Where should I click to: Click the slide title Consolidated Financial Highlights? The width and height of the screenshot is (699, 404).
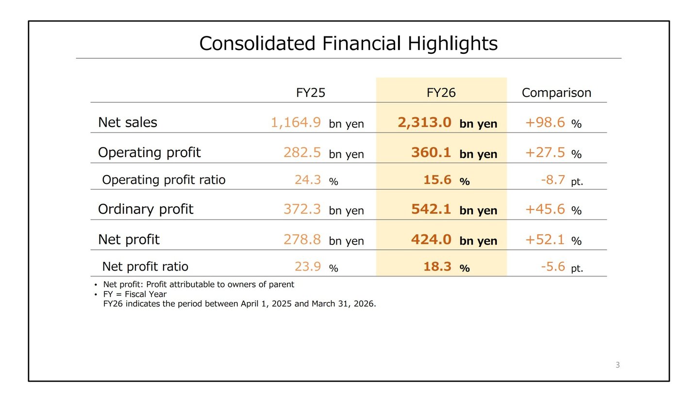pyautogui.click(x=348, y=43)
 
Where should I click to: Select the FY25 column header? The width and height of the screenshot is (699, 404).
pyautogui.click(x=311, y=93)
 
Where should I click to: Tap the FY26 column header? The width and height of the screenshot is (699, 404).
pyautogui.click(x=441, y=93)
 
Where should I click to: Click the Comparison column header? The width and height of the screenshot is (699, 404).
pyautogui.click(x=556, y=93)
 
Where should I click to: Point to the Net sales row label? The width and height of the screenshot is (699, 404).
pyautogui.click(x=128, y=122)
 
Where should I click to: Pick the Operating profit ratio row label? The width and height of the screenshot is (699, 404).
pyautogui.click(x=164, y=180)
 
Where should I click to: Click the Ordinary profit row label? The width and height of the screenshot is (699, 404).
pyautogui.click(x=146, y=209)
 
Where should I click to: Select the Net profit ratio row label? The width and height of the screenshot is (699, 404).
pyautogui.click(x=145, y=267)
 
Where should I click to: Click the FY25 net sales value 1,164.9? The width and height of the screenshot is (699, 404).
pyautogui.click(x=296, y=122)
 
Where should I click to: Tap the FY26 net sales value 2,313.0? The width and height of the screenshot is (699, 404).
pyautogui.click(x=424, y=122)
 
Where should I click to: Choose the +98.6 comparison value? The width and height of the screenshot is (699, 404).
pyautogui.click(x=545, y=122)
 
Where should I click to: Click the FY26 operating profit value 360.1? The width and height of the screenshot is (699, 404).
pyautogui.click(x=431, y=152)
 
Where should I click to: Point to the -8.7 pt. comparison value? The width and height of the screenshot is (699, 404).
pyautogui.click(x=562, y=180)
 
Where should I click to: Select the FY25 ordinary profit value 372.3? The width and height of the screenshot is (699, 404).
pyautogui.click(x=302, y=209)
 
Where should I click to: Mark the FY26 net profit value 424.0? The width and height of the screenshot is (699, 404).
pyautogui.click(x=431, y=240)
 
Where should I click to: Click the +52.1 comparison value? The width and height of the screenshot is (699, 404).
pyautogui.click(x=545, y=240)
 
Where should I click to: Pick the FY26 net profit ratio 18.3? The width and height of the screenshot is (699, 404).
pyautogui.click(x=437, y=267)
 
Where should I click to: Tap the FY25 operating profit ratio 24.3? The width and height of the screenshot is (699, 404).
pyautogui.click(x=308, y=180)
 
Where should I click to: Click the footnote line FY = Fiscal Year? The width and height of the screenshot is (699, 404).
pyautogui.click(x=135, y=294)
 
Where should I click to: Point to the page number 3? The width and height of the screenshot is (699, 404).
pyautogui.click(x=617, y=365)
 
